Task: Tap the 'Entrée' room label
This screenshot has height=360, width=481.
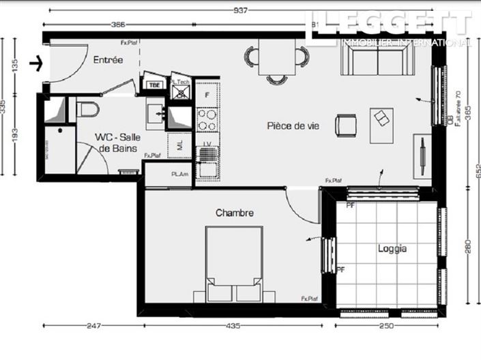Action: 108,60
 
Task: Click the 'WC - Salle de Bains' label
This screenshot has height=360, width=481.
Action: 117,142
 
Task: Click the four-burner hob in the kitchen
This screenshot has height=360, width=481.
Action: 207,121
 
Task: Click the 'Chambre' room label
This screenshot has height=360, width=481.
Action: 235,213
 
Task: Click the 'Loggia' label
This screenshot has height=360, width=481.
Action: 392,249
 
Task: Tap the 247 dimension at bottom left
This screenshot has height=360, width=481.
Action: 92,326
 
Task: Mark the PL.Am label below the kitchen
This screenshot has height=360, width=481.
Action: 179,175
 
